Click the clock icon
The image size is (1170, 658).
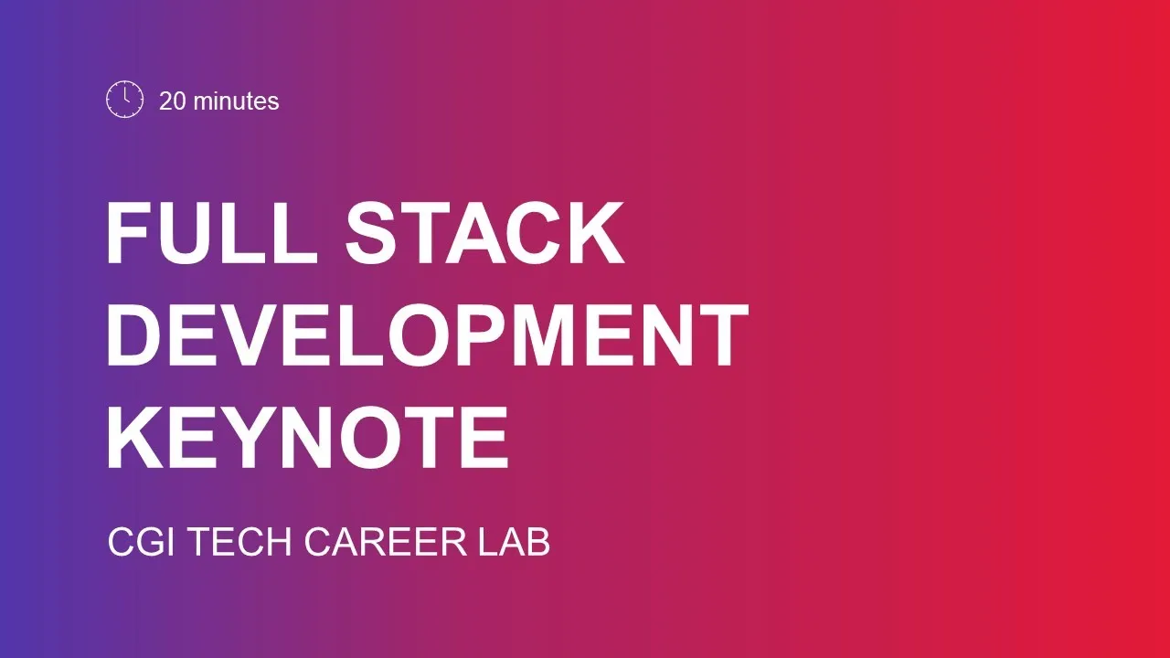coord(125,100)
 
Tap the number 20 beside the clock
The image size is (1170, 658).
coord(173,101)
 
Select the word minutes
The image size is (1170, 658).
coord(236,101)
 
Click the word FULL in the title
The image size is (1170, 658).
coord(212,233)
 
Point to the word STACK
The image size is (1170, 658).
coord(484,233)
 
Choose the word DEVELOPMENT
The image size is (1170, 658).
coord(428,335)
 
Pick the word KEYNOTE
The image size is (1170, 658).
coord(308,438)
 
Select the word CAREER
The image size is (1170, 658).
coord(385,542)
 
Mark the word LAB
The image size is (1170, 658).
coord(514,542)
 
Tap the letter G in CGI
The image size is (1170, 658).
coord(151,542)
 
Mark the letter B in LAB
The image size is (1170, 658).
coord(537,542)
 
